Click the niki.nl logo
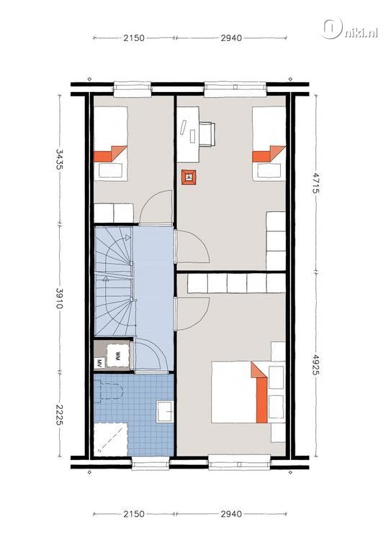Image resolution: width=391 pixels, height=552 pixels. pos(350,28)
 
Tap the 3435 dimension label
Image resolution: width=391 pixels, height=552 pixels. pos(59,159)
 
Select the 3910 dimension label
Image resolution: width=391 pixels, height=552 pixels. pos(59,298)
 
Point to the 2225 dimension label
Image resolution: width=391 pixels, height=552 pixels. pos(59,414)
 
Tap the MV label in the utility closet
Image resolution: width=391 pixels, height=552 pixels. pos(99,362)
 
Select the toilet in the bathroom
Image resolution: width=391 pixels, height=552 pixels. pos(109,392)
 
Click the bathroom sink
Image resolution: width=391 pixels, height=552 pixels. pos(165,411)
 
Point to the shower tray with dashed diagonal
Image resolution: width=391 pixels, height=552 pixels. pos(111,439)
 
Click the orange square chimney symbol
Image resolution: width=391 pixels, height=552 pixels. pos(189,177)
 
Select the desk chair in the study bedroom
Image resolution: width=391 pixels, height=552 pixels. pos(207,134)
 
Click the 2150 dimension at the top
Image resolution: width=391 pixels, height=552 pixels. pos(134,37)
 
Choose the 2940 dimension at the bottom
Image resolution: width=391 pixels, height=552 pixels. pos(231,514)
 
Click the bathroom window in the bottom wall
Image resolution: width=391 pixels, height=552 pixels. pos(150,463)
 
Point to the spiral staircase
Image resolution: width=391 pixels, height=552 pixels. pos(114,281)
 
